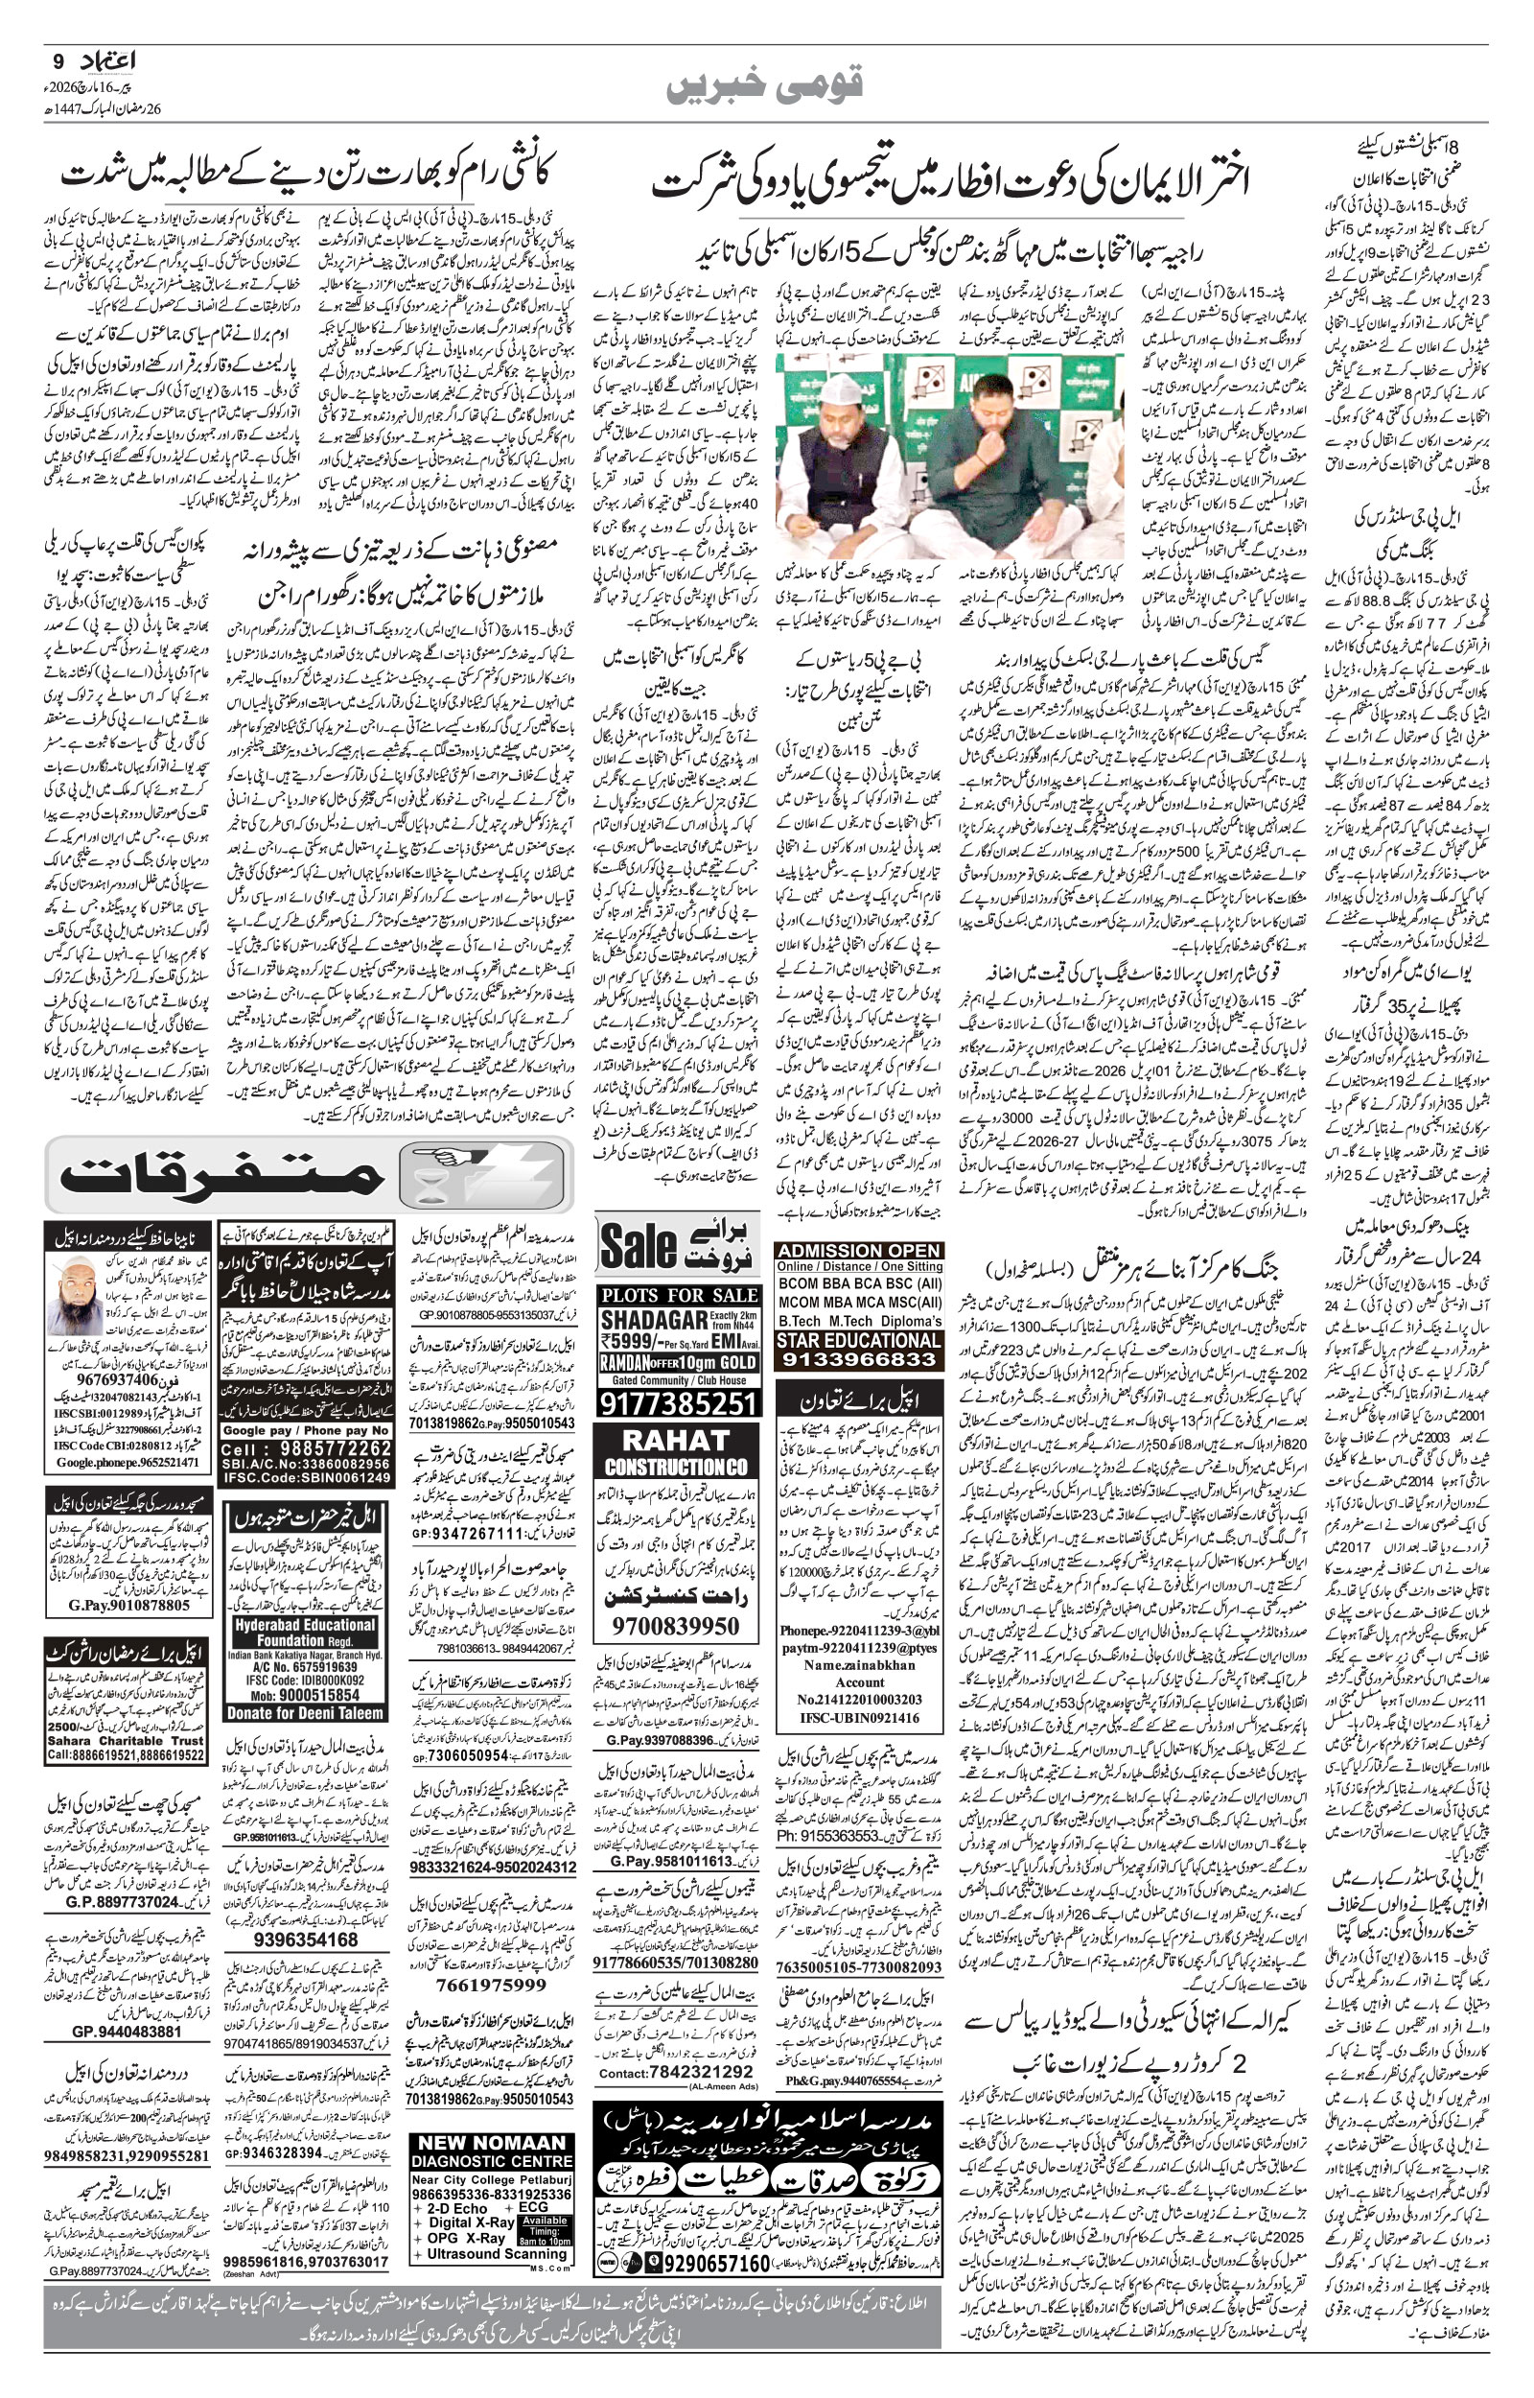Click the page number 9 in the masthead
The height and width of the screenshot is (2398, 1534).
point(57,61)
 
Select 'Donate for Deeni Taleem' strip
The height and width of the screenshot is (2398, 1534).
point(305,1713)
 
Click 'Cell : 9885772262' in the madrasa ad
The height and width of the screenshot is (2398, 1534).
point(305,1447)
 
